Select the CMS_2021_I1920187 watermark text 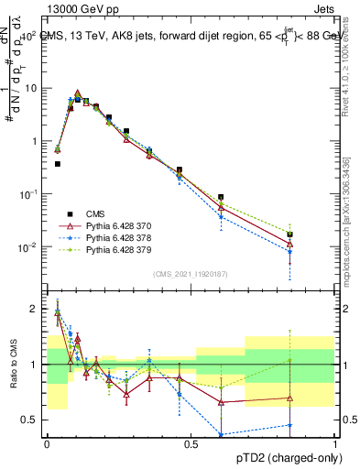tap(191, 273)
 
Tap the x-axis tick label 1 tap(335, 443)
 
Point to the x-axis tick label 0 tap(47, 443)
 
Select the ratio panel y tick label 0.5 tap(31, 420)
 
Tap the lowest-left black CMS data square tap(58, 164)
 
